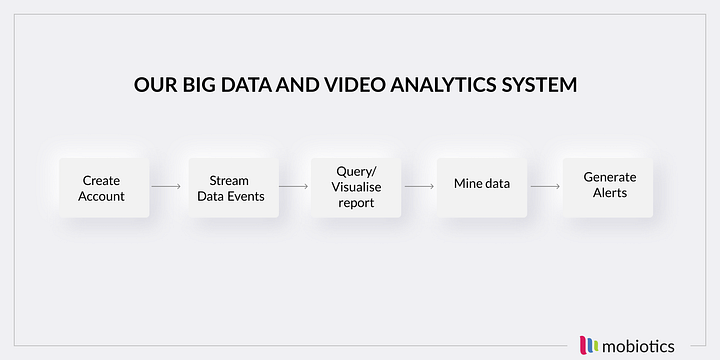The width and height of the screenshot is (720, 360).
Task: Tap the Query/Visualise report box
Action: (x=355, y=187)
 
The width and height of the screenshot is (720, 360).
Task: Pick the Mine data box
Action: (x=482, y=186)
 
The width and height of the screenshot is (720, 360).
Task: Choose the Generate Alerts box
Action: (x=608, y=185)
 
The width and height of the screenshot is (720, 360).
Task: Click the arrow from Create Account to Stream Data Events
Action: (x=166, y=186)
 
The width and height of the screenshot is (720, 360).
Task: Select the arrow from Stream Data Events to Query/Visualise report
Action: (x=293, y=186)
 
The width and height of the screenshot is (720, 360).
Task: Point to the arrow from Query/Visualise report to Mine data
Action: (x=419, y=186)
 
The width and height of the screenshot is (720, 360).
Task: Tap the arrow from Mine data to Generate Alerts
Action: (x=545, y=186)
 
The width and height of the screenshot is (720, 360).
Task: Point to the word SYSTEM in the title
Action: (x=540, y=85)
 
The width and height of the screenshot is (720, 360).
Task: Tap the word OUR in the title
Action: (x=153, y=85)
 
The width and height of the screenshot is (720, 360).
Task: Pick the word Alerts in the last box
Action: (x=609, y=192)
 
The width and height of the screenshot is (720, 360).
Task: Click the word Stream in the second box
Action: (x=229, y=181)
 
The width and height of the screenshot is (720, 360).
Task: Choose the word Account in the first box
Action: (x=102, y=196)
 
